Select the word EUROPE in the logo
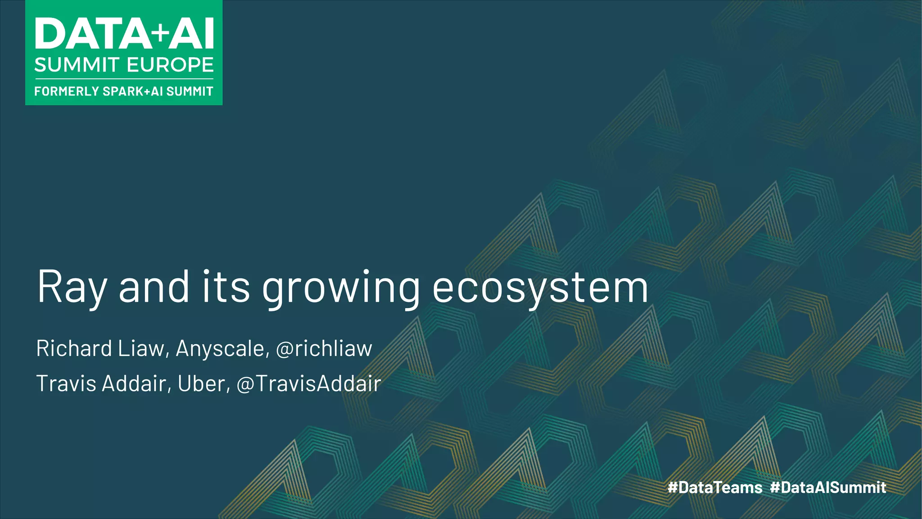(170, 65)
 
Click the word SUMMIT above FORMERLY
(77, 65)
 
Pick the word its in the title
(226, 287)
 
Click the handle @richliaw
(324, 348)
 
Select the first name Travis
(66, 383)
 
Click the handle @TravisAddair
(308, 383)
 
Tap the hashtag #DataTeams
(715, 487)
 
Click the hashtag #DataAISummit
(828, 487)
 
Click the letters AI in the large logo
(191, 34)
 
